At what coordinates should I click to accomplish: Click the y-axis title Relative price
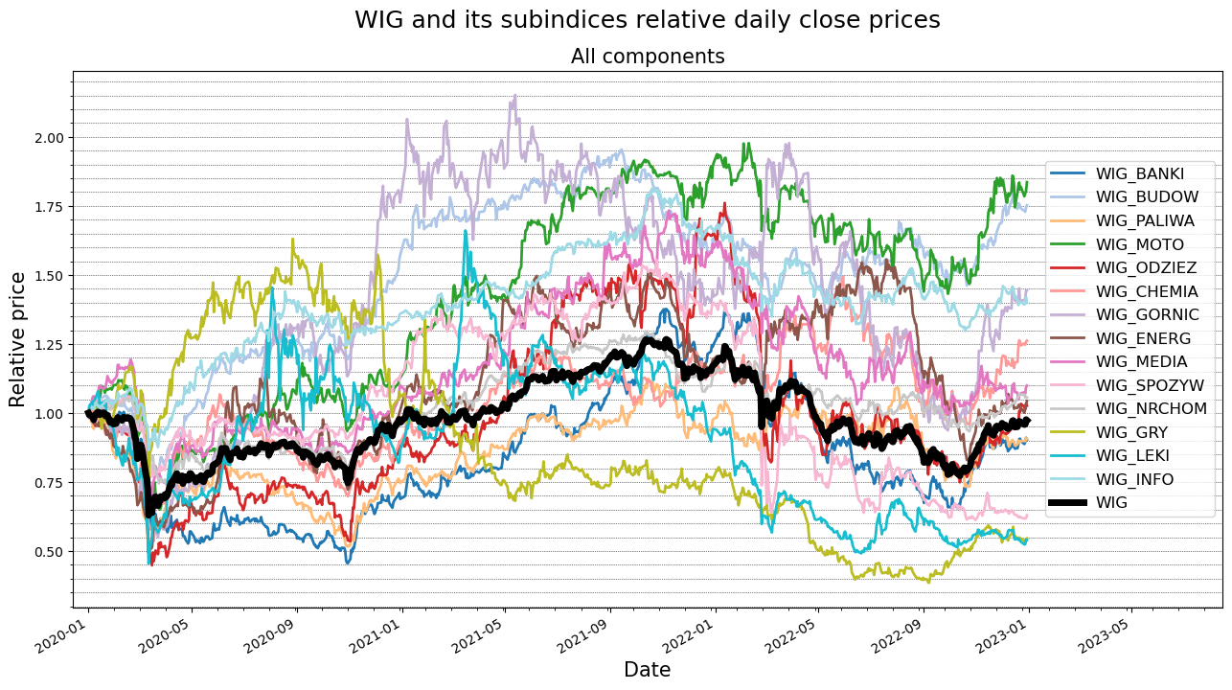[x=18, y=339]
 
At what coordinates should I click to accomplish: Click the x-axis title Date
[x=648, y=670]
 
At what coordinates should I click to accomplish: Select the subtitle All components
[x=648, y=57]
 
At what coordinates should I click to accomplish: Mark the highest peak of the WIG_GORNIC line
[x=515, y=95]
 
